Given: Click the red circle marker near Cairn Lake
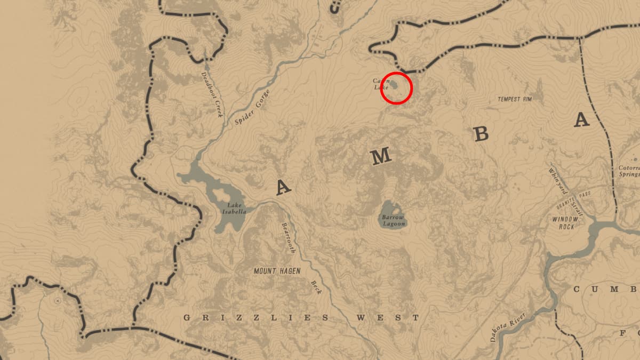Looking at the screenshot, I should [396, 88].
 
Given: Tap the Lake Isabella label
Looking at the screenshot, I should [236, 208].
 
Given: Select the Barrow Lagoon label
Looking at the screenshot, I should [393, 220].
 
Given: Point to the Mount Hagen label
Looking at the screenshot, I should [277, 271].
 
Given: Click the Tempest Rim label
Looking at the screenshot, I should [515, 99].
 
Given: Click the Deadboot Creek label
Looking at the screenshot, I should [211, 94].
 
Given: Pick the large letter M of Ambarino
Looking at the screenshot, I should [381, 156].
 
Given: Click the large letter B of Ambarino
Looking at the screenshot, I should [481, 134].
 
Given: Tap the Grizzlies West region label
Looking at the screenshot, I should [301, 318].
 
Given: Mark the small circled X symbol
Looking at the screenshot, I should [58, 301].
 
